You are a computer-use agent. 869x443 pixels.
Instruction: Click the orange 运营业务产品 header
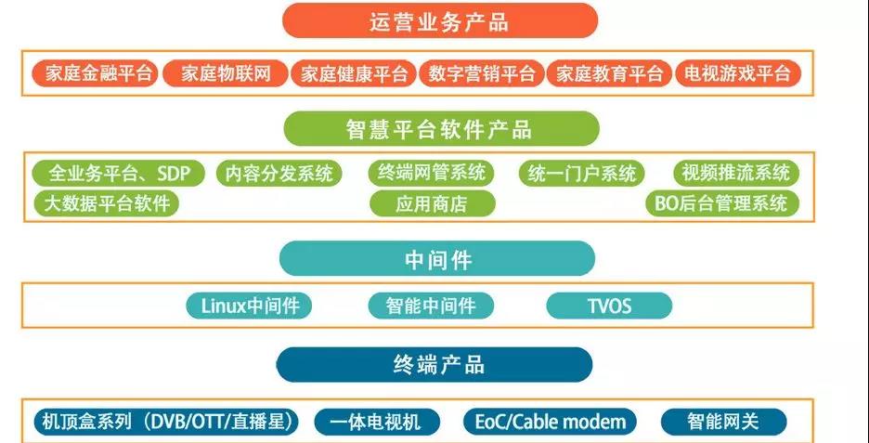click(x=439, y=20)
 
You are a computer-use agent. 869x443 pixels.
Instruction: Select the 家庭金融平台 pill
click(x=94, y=73)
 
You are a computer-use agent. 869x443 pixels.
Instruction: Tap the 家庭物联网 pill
click(x=225, y=73)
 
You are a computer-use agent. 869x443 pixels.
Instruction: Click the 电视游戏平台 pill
click(x=738, y=73)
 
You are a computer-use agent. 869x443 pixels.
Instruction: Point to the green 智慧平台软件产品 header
click(x=439, y=129)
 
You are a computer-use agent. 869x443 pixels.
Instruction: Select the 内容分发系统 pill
click(x=279, y=173)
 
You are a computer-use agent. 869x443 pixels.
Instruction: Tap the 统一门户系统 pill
click(x=583, y=173)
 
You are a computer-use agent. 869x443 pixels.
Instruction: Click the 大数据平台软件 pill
click(x=106, y=202)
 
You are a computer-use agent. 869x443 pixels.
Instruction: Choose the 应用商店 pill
click(x=432, y=203)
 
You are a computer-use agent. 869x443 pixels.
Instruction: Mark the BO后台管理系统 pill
click(x=721, y=202)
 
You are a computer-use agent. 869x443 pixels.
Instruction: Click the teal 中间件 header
click(x=437, y=259)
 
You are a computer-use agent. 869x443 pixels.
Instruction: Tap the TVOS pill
click(x=609, y=306)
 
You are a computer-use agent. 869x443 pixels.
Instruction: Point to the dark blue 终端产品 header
click(x=434, y=364)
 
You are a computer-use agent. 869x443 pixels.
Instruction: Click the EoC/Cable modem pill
click(x=551, y=422)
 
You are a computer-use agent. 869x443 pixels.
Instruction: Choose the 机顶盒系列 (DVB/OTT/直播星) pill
click(x=165, y=422)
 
